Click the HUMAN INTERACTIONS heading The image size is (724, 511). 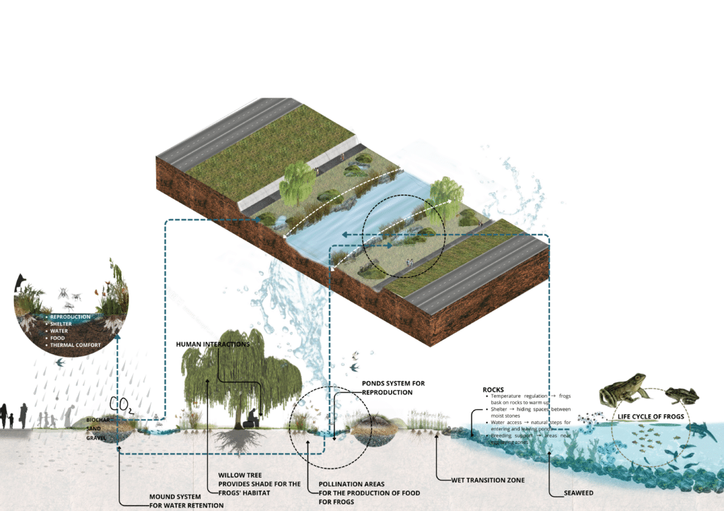212,344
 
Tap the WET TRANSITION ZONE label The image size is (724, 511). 487,480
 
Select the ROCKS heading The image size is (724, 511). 493,389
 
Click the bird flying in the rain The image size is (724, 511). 61,362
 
